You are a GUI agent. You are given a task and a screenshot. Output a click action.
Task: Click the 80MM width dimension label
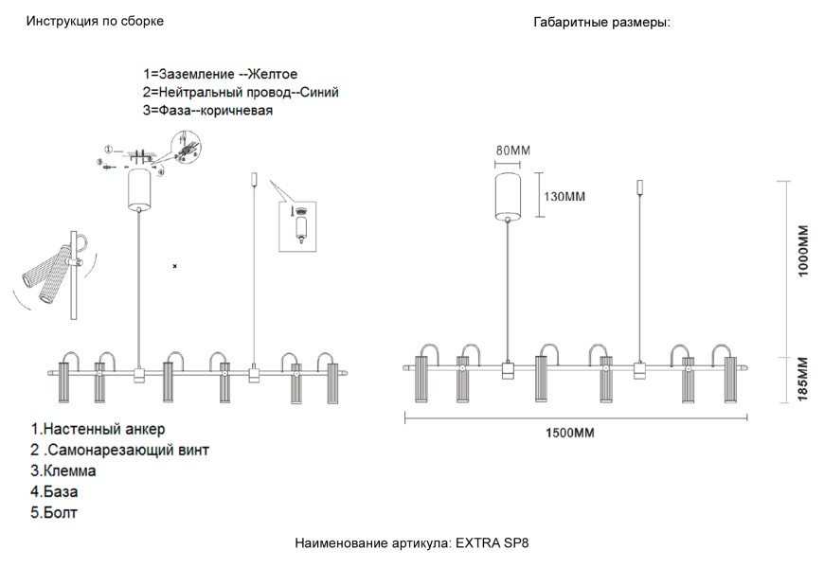(x=512, y=151)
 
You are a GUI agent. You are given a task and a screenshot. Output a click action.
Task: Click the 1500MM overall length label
(x=570, y=433)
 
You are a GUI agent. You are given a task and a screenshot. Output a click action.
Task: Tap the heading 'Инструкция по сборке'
(x=95, y=22)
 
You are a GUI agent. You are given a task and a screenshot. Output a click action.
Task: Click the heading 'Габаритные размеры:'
(x=601, y=22)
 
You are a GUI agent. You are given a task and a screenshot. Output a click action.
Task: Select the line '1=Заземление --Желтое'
(x=221, y=74)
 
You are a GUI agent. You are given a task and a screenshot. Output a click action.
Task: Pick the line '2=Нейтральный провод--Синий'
(x=241, y=92)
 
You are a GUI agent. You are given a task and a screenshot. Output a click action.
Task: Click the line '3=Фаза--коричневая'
(x=208, y=111)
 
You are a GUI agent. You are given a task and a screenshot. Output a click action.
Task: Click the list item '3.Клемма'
(x=63, y=470)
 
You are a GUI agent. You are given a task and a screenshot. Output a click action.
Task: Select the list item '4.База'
(x=54, y=491)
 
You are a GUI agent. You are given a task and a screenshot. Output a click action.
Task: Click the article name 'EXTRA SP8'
(x=499, y=544)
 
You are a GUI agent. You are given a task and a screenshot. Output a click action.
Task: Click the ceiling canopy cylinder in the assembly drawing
(x=139, y=187)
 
